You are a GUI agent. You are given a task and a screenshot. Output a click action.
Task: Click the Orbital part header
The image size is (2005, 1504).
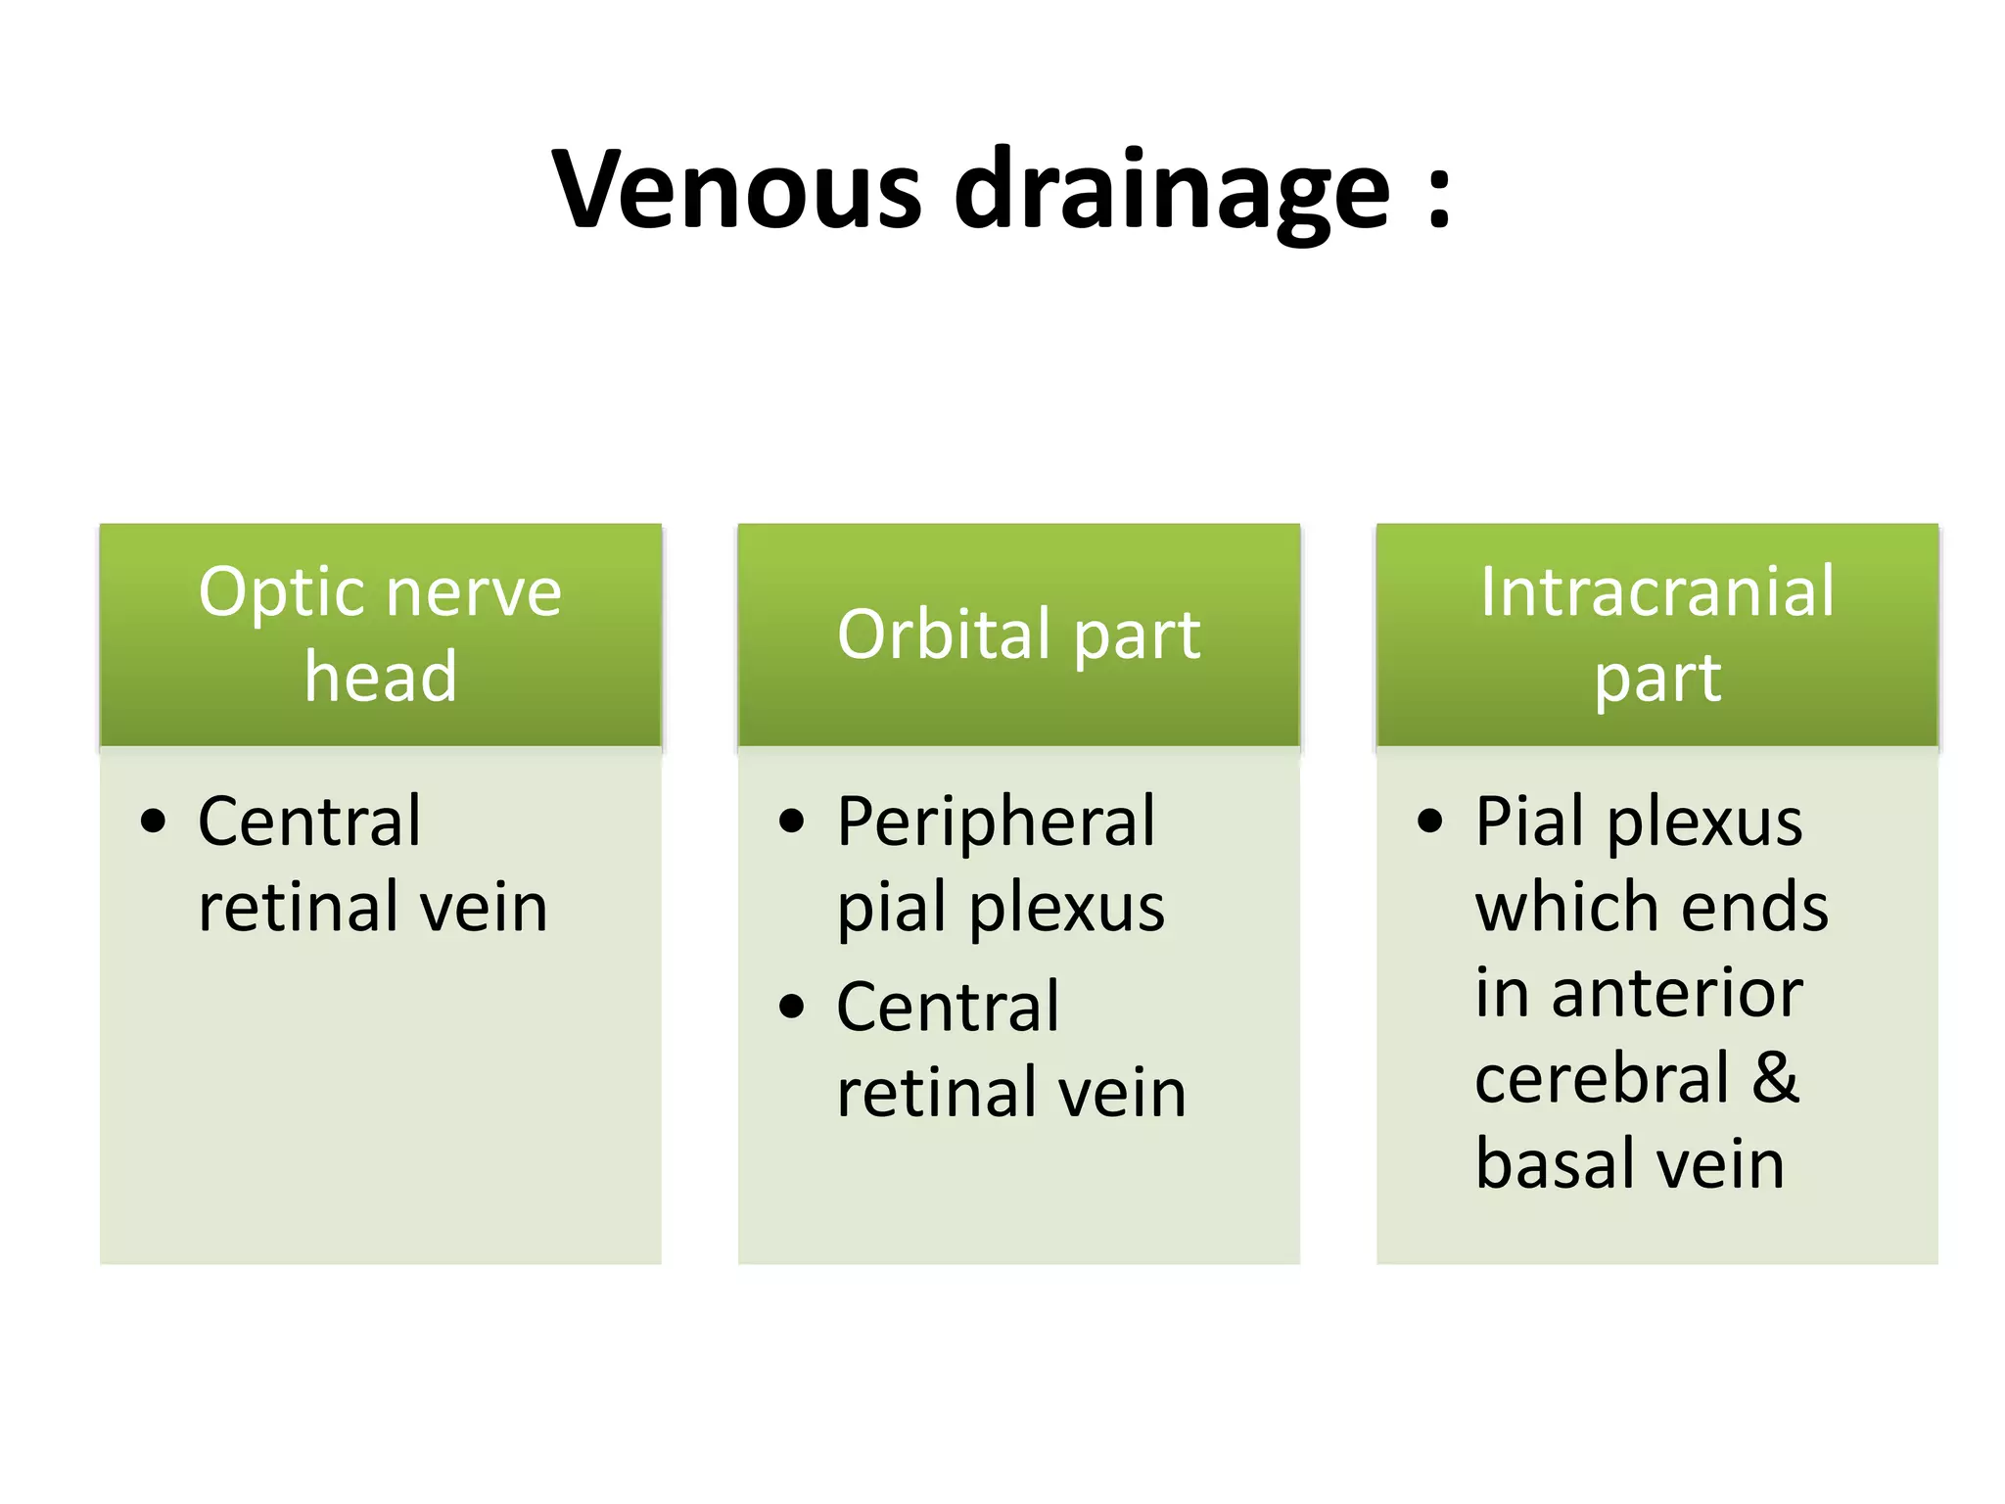[x=1018, y=634]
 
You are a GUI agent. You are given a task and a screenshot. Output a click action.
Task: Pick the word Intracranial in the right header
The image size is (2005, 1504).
[x=1656, y=592]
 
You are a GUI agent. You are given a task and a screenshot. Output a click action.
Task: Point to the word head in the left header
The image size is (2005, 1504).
[x=380, y=677]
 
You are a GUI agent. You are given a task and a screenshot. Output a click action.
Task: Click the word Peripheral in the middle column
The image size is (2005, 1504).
[x=996, y=822]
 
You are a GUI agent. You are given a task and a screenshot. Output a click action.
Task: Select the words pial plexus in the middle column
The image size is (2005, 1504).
[x=1001, y=908]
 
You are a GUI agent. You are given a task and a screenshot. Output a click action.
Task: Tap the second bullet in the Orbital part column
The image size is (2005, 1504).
[x=791, y=1007]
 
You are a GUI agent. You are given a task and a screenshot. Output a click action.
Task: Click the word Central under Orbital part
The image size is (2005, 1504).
[x=947, y=1007]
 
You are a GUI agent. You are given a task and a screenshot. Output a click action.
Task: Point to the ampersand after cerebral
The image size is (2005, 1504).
[x=1775, y=1078]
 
